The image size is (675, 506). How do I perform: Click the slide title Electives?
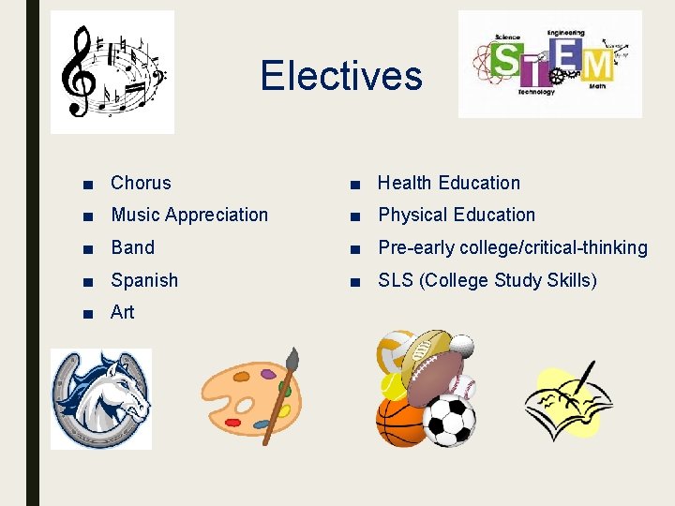(341, 76)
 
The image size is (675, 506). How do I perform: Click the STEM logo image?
(550, 64)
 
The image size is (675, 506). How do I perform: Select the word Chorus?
(141, 183)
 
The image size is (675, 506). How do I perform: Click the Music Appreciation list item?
(189, 215)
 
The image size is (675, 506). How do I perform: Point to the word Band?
(132, 247)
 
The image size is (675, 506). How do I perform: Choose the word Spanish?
(144, 279)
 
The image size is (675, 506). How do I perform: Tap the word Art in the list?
(122, 312)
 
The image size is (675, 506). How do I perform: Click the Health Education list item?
(448, 183)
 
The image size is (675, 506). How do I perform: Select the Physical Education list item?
(456, 215)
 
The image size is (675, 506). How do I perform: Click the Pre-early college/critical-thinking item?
(512, 247)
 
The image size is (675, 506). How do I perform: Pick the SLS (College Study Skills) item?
(487, 279)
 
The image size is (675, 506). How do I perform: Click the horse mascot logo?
(100, 398)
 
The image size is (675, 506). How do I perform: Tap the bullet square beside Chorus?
(87, 184)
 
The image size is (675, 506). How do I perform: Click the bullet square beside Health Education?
(353, 184)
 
